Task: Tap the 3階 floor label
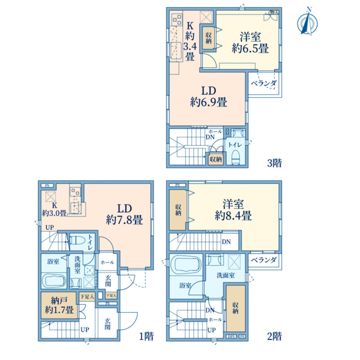tap(274, 162)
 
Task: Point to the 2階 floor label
tap(274, 336)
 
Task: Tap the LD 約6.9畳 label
tap(209, 96)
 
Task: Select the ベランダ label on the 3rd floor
tap(263, 83)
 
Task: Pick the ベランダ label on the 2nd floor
tap(263, 260)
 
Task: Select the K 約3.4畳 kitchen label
tap(189, 41)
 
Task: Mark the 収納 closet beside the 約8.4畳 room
tap(179, 209)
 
